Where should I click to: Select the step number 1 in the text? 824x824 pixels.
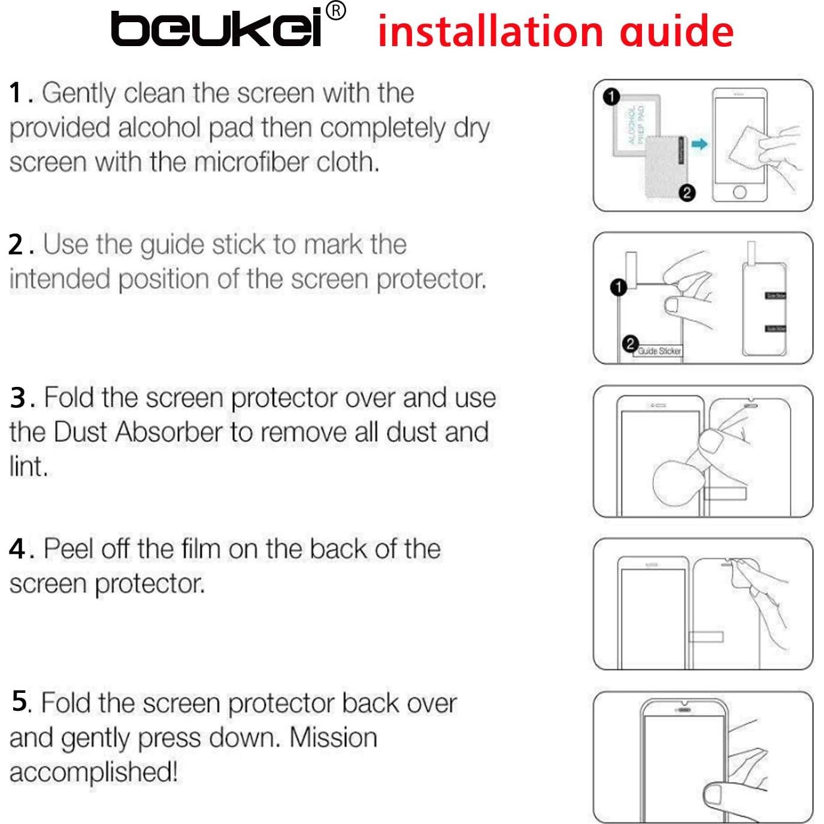coord(17,93)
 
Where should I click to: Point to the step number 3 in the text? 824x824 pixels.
coord(18,398)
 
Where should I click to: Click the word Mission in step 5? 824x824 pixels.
coord(333,738)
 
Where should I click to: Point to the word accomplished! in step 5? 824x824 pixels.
coord(93,772)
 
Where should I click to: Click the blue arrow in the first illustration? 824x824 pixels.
coord(699,144)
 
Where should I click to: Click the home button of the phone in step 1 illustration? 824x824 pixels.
coord(740,192)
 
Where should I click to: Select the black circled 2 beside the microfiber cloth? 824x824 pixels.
coord(687,193)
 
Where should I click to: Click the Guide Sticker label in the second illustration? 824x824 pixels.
coord(659,351)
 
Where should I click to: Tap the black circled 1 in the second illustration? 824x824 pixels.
coord(618,287)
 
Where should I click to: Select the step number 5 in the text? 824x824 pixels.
coord(20,701)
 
